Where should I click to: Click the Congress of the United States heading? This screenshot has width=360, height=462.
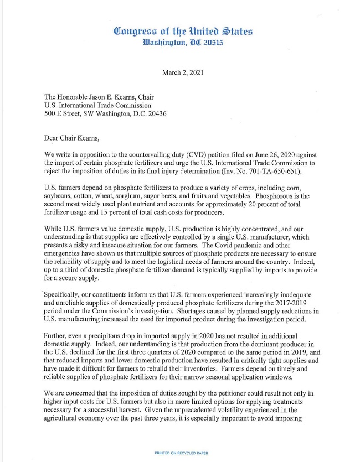[x=183, y=32]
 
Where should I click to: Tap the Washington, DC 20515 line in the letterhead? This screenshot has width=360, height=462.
[x=183, y=43]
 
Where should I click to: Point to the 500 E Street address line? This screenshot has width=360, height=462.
[x=105, y=113]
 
